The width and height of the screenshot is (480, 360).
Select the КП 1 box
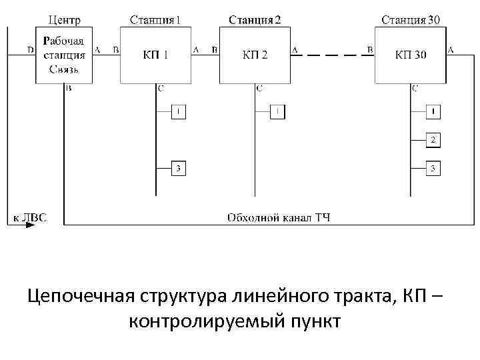point(155,55)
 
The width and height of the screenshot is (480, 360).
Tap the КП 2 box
point(255,55)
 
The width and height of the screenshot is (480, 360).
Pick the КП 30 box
point(410,55)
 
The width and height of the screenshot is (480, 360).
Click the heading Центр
point(65,19)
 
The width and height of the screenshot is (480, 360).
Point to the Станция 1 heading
point(155,19)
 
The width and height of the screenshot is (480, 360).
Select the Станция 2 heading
point(255,19)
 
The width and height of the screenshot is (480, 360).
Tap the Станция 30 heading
point(410,19)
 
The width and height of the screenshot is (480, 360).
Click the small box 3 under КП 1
point(178,169)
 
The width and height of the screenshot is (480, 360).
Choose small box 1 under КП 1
point(178,112)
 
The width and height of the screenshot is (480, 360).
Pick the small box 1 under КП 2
point(277,112)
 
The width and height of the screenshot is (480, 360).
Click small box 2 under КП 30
point(433,140)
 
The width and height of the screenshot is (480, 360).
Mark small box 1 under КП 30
point(433,111)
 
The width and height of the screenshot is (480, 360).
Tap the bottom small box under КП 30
point(433,169)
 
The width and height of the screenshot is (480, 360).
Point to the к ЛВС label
point(28,217)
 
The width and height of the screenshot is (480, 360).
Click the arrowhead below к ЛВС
point(30,226)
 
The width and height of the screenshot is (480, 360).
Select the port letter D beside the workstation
point(29,50)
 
